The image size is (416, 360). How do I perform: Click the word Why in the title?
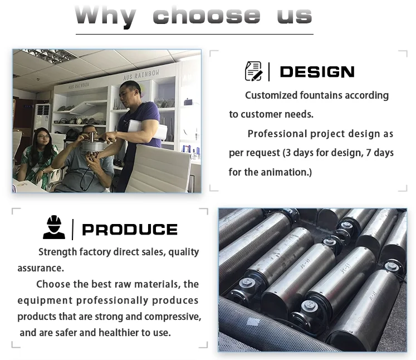(x=105, y=16)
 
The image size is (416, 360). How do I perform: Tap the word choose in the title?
(x=206, y=16)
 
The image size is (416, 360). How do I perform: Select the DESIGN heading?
(x=317, y=72)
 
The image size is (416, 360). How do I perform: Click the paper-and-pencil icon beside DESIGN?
(x=253, y=71)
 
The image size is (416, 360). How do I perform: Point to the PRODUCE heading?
(x=129, y=230)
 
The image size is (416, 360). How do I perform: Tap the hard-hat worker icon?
(x=54, y=228)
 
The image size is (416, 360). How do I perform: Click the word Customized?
(x=271, y=95)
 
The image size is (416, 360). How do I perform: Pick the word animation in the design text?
(x=282, y=172)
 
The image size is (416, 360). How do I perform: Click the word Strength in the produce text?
(x=59, y=252)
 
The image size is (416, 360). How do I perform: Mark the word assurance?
(x=40, y=268)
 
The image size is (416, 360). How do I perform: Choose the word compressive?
(x=173, y=317)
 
